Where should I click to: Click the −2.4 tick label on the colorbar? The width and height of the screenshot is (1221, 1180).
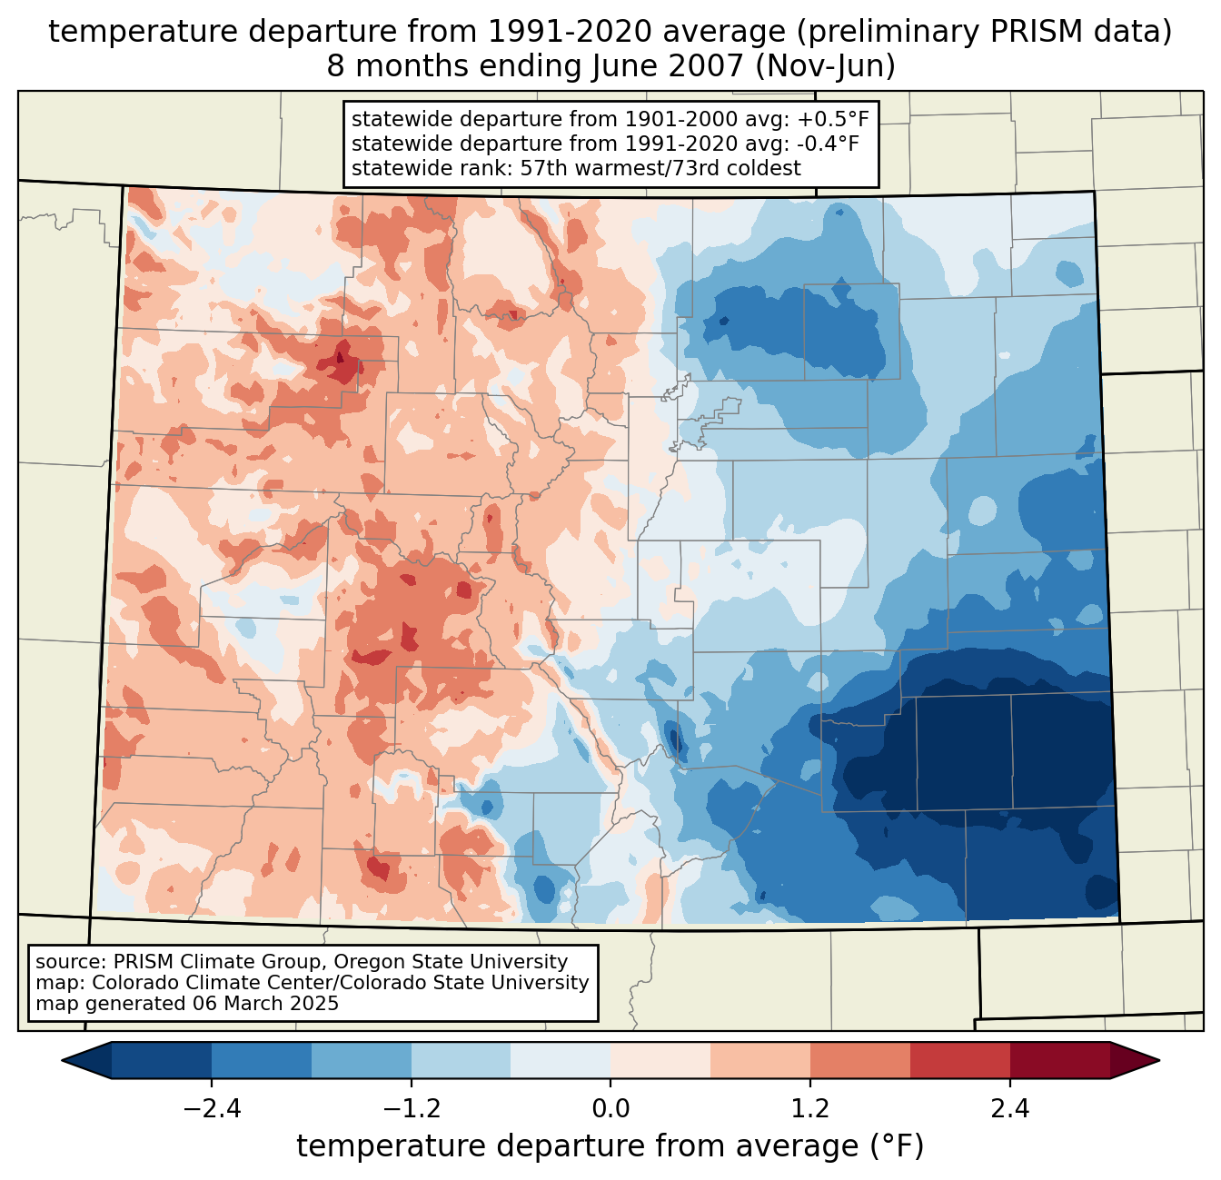212,1109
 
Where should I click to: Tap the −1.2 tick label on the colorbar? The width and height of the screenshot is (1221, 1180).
411,1109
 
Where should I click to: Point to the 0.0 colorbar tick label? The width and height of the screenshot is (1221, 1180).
610,1109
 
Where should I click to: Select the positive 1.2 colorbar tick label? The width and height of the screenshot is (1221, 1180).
810,1109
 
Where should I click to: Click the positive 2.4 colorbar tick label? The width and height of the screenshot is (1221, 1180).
1009,1109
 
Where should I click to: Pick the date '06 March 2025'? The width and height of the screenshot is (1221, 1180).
264,1004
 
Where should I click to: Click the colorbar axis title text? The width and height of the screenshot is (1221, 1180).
610,1146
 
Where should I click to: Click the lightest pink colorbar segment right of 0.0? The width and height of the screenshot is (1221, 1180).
660,1060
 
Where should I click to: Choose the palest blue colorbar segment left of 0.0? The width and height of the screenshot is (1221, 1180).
561,1060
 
